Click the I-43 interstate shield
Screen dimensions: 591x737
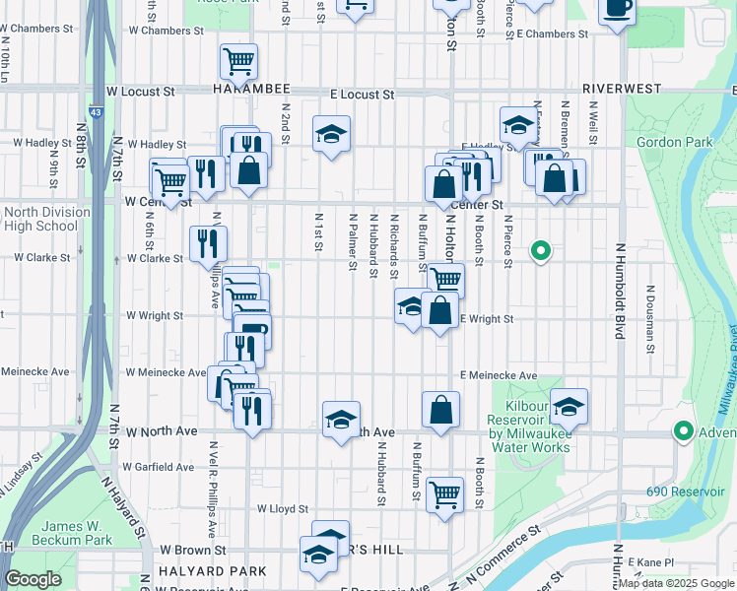tap(92, 89)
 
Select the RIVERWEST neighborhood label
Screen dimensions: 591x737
tap(621, 89)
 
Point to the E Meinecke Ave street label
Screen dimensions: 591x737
tap(498, 375)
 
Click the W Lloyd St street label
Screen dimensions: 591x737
tap(283, 509)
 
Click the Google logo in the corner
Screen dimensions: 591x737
tap(33, 579)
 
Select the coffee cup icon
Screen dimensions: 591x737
tap(618, 10)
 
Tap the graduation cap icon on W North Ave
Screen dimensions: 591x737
tap(341, 420)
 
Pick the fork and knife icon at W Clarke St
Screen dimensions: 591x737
tap(208, 242)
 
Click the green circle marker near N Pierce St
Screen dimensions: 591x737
tap(540, 251)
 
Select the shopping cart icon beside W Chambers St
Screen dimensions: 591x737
tap(238, 61)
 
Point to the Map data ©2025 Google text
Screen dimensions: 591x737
tap(676, 583)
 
